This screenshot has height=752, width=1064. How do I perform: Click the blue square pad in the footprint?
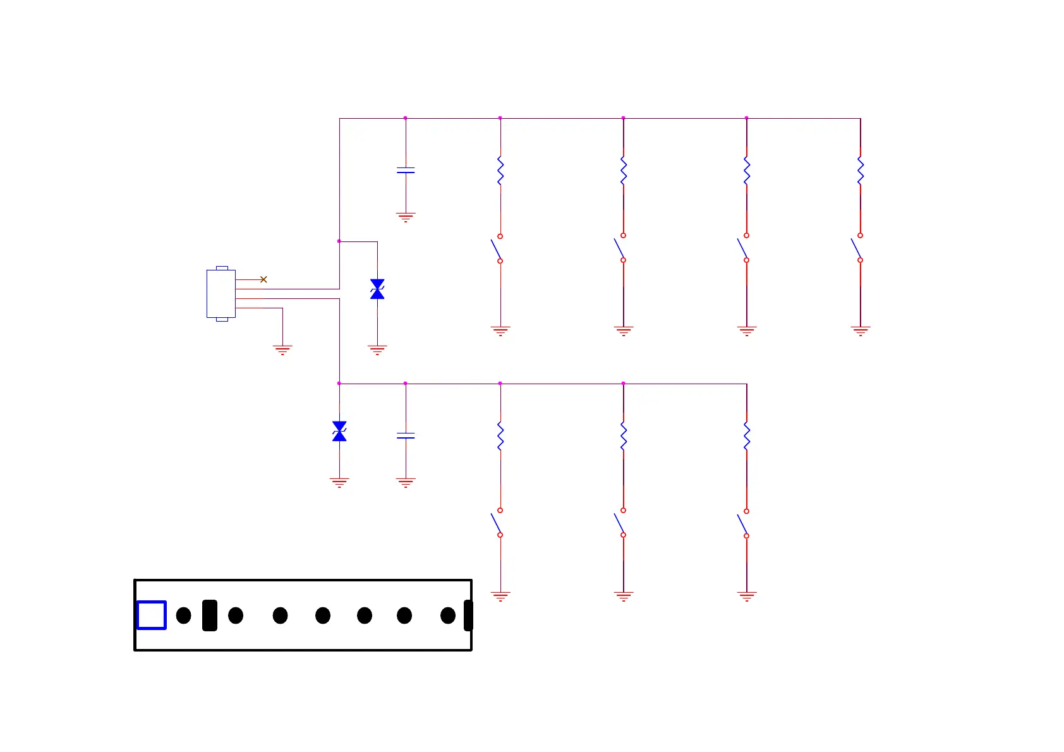point(152,615)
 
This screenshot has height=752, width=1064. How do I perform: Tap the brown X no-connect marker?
point(263,279)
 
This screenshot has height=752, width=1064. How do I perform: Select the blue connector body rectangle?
point(221,294)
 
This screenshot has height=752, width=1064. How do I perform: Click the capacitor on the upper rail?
point(406,171)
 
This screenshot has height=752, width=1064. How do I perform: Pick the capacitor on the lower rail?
point(406,436)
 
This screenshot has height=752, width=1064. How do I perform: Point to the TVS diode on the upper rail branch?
point(377,289)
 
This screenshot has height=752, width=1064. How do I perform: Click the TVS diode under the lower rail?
point(339,432)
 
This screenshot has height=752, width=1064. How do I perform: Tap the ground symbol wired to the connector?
point(282,349)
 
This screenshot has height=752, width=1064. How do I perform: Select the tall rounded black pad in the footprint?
point(210,616)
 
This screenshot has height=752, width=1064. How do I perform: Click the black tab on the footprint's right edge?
point(468,616)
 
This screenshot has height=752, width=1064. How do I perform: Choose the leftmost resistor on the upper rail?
point(500,171)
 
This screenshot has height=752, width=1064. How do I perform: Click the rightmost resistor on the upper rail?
point(860,171)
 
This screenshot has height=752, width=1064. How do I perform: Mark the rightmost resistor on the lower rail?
point(747,436)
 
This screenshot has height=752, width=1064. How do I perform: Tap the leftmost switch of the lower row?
point(497,523)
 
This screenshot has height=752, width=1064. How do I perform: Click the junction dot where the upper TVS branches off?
point(339,241)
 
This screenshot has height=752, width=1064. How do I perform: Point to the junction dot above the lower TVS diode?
point(339,384)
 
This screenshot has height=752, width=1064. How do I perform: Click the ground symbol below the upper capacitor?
point(406,217)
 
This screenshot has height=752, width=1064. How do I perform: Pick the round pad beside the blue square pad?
point(184,616)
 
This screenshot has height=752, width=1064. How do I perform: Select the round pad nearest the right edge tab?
point(448,616)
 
